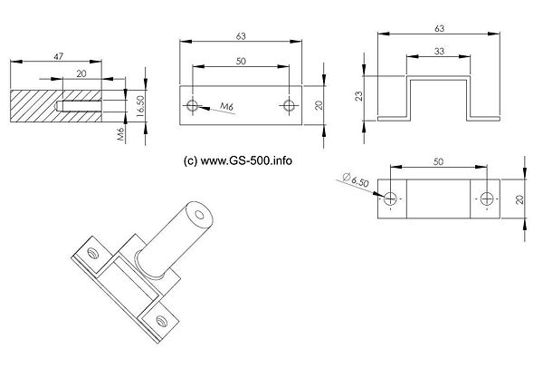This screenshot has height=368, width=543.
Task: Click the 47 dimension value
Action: tap(58, 56)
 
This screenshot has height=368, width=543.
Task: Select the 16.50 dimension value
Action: tap(140, 106)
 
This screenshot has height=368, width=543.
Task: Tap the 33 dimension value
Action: tap(439, 52)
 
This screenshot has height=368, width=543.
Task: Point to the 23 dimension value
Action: tap(359, 96)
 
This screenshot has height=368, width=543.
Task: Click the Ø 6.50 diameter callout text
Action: tap(356, 179)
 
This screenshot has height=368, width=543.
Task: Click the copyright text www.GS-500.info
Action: tap(238, 160)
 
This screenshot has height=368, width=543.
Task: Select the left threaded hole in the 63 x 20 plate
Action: tap(192, 105)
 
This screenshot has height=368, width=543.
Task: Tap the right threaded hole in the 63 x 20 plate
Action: tap(289, 105)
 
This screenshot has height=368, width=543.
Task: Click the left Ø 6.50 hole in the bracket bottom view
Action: tap(390, 199)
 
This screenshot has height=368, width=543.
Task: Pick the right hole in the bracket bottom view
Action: tap(487, 199)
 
